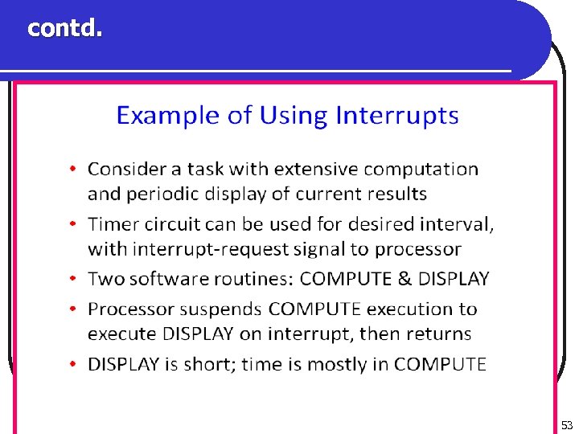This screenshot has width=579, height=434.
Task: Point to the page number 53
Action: (x=567, y=424)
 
